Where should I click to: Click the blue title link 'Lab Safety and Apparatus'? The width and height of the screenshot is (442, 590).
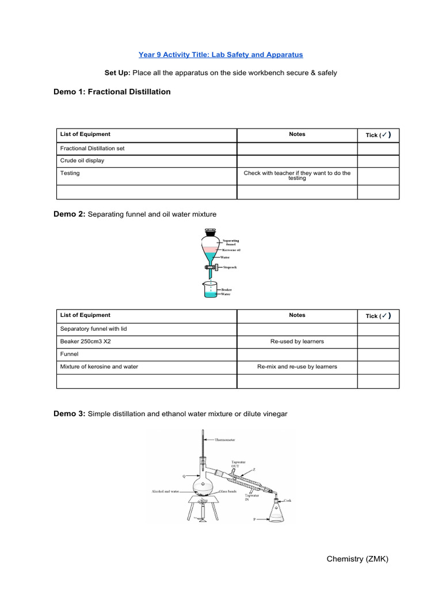[220, 55]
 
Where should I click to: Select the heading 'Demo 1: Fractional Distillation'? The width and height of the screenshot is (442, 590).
[112, 92]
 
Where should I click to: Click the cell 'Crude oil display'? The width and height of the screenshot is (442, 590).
[82, 161]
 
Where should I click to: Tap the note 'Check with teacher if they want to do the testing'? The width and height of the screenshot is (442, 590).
[297, 176]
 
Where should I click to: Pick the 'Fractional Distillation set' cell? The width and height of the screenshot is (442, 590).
[92, 148]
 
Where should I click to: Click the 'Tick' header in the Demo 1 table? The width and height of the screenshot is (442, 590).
[378, 135]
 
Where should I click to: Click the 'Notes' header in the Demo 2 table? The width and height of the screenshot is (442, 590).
[297, 315]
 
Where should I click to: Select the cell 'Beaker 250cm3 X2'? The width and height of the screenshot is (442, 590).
[86, 342]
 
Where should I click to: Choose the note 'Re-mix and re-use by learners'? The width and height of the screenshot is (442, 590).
[297, 366]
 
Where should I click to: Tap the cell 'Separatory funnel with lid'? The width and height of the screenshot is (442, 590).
[95, 329]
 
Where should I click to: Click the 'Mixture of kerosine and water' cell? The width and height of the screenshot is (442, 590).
[99, 366]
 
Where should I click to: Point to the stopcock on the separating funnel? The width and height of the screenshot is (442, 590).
[210, 267]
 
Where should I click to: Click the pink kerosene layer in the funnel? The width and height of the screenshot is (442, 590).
[210, 248]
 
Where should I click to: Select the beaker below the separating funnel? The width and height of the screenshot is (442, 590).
[210, 290]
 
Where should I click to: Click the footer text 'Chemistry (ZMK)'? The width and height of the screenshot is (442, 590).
[357, 559]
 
